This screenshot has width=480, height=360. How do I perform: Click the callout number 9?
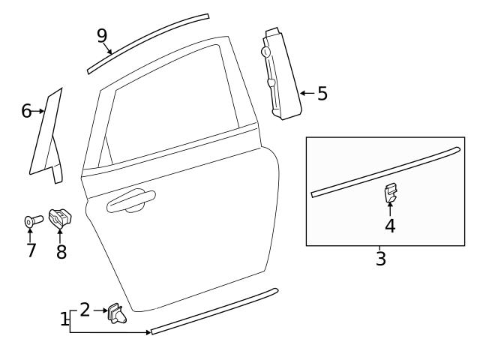[x=102, y=35]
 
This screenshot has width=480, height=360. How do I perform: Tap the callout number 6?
[x=26, y=111]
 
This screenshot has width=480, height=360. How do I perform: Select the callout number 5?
[x=322, y=94]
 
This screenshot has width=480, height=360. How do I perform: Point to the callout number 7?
[x=31, y=250]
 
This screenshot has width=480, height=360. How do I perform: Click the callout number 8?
[x=61, y=252]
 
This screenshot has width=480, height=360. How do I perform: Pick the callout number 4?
[x=390, y=225]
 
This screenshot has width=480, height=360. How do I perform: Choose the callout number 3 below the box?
[x=381, y=259]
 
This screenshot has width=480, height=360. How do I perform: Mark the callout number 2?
[x=85, y=309]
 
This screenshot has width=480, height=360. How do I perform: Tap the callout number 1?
[x=64, y=319]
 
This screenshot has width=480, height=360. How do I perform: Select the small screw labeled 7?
[x=31, y=221]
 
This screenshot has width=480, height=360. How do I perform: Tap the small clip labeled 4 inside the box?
[x=390, y=193]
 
